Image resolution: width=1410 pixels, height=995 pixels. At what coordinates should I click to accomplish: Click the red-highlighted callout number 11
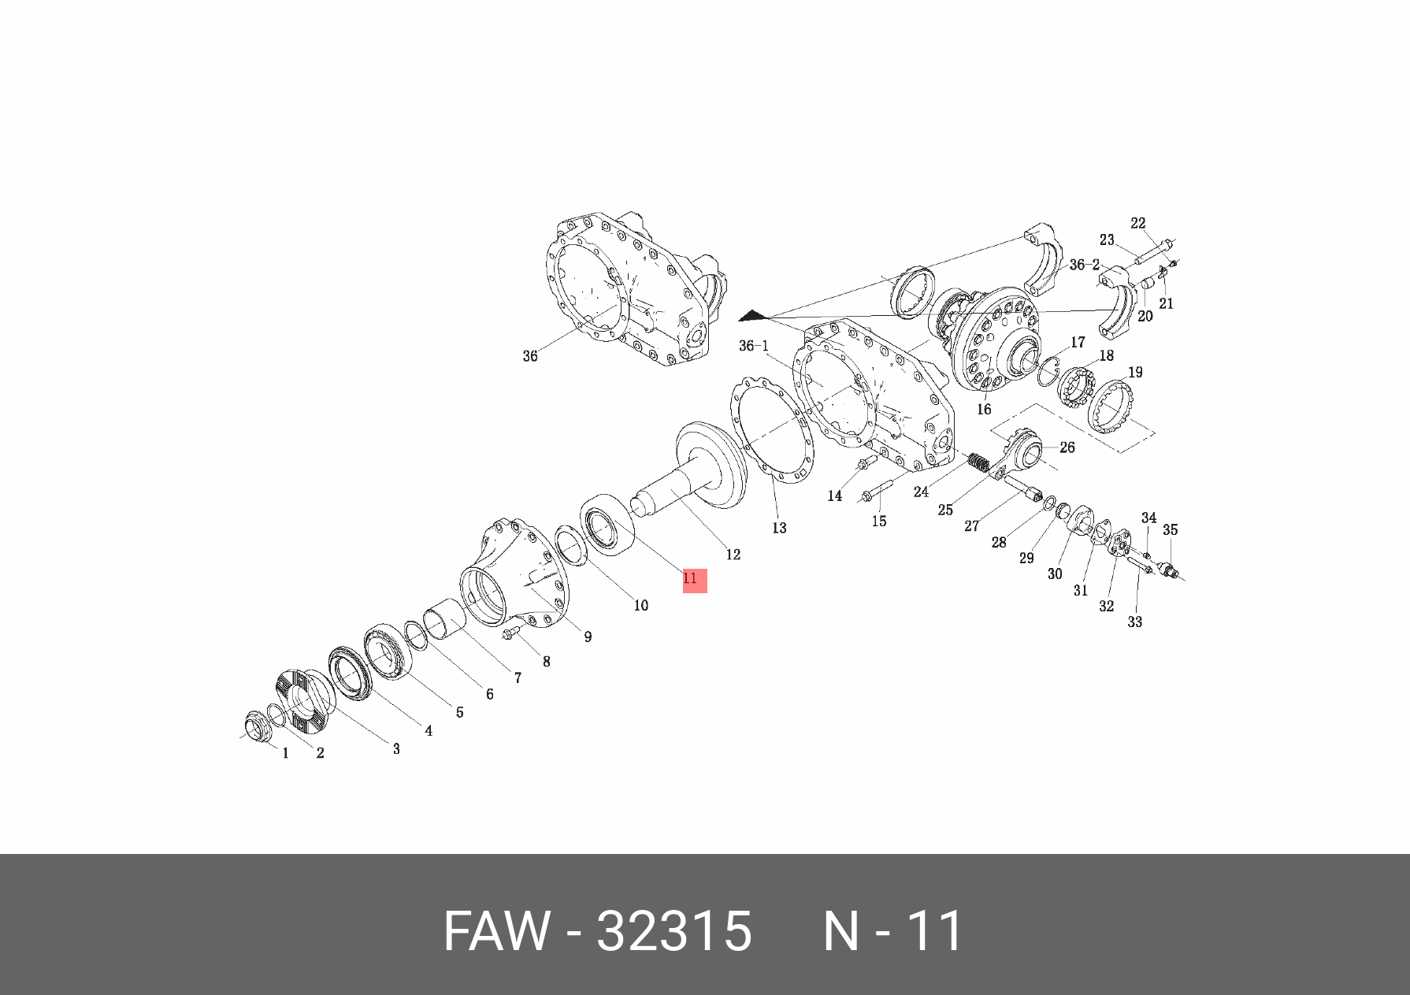pyautogui.click(x=691, y=579)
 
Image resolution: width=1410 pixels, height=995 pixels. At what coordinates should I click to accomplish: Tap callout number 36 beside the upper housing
pyautogui.click(x=530, y=356)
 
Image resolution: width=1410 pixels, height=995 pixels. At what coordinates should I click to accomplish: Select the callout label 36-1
pyautogui.click(x=754, y=346)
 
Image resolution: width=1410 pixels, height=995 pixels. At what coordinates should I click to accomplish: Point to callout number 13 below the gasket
pyautogui.click(x=779, y=528)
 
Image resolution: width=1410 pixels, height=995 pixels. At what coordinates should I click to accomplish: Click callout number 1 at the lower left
pyautogui.click(x=285, y=753)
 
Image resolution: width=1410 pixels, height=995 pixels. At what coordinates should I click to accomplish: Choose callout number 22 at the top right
pyautogui.click(x=1138, y=224)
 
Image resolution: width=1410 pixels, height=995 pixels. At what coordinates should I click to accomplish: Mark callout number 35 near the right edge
pyautogui.click(x=1171, y=530)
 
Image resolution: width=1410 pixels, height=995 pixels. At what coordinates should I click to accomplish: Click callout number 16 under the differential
pyautogui.click(x=984, y=410)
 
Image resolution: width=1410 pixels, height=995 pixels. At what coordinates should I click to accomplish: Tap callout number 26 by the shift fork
pyautogui.click(x=1067, y=447)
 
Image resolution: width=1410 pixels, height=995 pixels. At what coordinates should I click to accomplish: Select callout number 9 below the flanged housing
pyautogui.click(x=588, y=637)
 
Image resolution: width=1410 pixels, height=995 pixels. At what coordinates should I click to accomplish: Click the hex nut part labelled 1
pyautogui.click(x=255, y=726)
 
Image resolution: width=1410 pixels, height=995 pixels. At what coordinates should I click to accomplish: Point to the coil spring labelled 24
pyautogui.click(x=978, y=462)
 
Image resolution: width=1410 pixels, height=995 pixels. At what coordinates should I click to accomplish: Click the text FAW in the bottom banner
pyautogui.click(x=495, y=931)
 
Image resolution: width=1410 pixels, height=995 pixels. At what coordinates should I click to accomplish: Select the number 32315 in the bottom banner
pyautogui.click(x=674, y=931)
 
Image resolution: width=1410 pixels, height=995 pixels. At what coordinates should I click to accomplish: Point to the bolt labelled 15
pyautogui.click(x=874, y=496)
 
